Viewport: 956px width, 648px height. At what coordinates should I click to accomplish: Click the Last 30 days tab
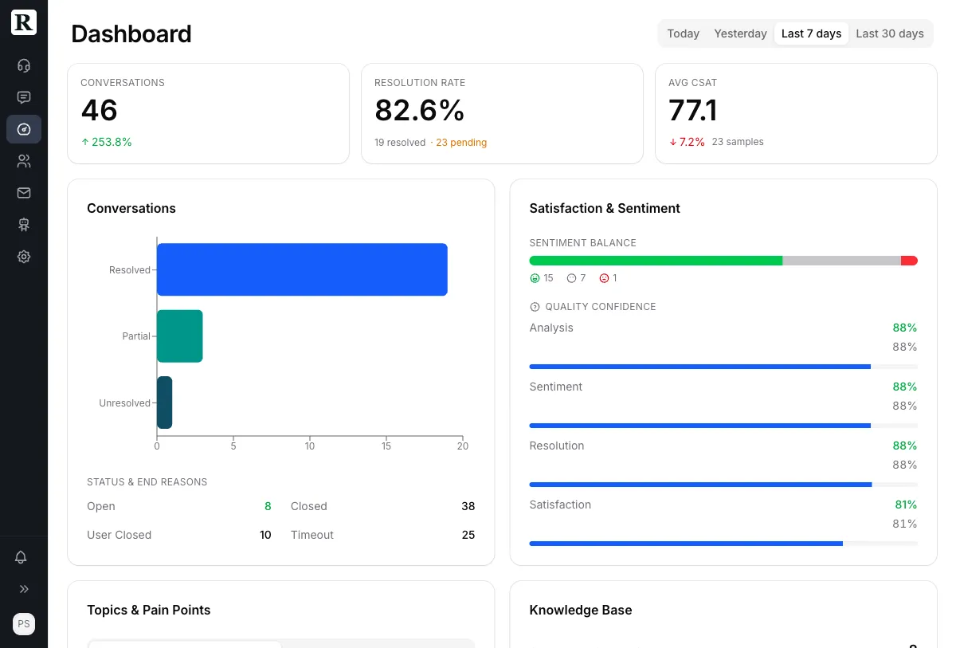pos(889,33)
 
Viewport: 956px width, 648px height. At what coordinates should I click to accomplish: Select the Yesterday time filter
pos(740,33)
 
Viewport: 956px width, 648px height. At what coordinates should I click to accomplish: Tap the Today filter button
pos(683,33)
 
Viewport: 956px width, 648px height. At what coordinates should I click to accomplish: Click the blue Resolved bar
pos(302,269)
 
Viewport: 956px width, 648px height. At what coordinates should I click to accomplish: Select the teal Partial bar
pos(180,336)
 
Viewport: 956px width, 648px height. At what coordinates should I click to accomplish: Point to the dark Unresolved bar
pos(164,403)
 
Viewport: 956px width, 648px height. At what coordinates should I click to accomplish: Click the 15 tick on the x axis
pos(386,446)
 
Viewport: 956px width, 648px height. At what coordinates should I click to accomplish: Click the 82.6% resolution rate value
pos(419,110)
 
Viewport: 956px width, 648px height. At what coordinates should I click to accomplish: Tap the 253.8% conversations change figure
pos(107,142)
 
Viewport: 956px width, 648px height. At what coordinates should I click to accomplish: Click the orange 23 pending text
pos(460,143)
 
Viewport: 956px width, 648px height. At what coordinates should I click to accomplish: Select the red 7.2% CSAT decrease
pos(687,142)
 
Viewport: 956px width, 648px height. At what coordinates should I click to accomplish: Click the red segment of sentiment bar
pos(909,261)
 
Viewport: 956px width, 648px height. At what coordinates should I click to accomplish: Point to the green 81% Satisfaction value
pos(905,505)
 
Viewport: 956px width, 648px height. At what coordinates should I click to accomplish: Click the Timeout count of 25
pos(468,535)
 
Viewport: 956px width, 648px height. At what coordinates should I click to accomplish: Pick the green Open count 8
pos(268,506)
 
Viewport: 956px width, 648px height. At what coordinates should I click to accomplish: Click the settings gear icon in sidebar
pos(24,257)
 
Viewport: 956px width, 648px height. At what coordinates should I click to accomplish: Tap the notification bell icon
pos(22,557)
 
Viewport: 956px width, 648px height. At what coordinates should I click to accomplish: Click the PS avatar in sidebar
pos(24,624)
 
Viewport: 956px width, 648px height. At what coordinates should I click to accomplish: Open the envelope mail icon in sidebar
pos(24,193)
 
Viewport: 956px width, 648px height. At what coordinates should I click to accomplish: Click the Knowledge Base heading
pos(580,610)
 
